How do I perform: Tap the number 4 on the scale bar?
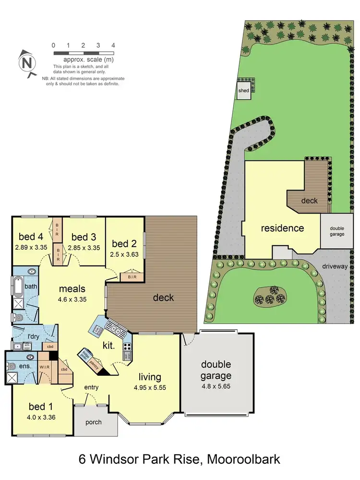[x=113, y=46]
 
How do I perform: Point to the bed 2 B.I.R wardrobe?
[x=131, y=277]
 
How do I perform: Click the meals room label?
[x=72, y=288]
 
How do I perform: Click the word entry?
[x=92, y=387]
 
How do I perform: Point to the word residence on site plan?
[x=282, y=228]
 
